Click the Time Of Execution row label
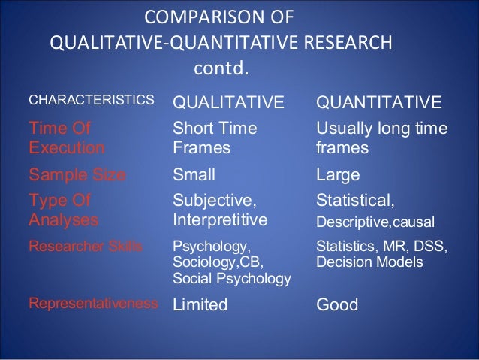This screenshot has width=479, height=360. (x=66, y=138)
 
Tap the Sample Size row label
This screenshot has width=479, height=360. (x=77, y=175)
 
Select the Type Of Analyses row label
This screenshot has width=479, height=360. (x=63, y=211)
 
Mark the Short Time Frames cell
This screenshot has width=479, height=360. (x=215, y=138)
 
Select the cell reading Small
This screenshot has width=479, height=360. (x=194, y=175)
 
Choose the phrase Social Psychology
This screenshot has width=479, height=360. (x=232, y=280)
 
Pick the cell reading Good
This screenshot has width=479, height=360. (x=339, y=304)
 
